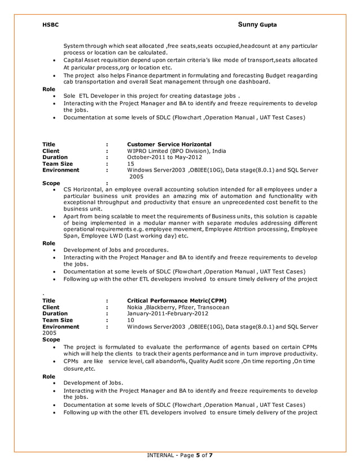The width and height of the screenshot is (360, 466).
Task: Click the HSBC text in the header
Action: [51, 25]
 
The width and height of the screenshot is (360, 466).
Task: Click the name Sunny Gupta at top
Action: [257, 25]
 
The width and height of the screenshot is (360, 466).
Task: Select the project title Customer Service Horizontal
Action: [169, 144]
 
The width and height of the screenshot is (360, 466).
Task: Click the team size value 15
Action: [131, 164]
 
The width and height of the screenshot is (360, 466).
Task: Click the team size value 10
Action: [131, 320]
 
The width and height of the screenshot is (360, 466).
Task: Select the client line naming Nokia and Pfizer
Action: [178, 307]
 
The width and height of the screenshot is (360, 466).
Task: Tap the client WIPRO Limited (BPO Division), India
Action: [177, 151]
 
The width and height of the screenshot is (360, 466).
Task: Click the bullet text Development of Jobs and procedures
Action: [116, 249]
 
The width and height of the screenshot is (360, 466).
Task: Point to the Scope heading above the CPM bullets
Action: [51, 340]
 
